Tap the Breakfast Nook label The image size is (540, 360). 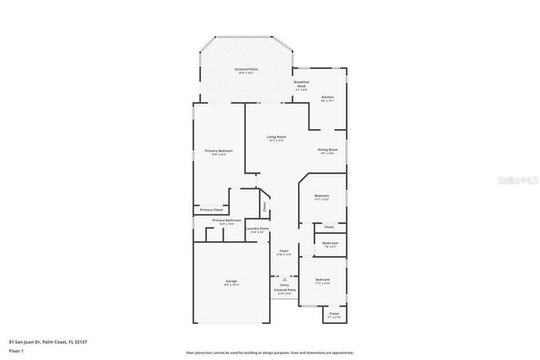click(301, 84)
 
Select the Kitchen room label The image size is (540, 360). click(327, 99)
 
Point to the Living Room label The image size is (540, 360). click(275, 137)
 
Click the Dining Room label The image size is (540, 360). click(327, 151)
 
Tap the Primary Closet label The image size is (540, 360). click(212, 210)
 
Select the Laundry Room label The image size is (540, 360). click(257, 229)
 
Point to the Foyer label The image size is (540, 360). click(284, 251)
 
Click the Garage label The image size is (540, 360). click(231, 282)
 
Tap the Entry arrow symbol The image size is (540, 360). click(284, 279)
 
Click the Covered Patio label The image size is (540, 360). click(284, 291)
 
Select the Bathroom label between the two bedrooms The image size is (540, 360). click(330, 244)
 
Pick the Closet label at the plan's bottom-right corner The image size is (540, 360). click(334, 314)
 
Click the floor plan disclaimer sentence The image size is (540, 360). click(270, 352)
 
